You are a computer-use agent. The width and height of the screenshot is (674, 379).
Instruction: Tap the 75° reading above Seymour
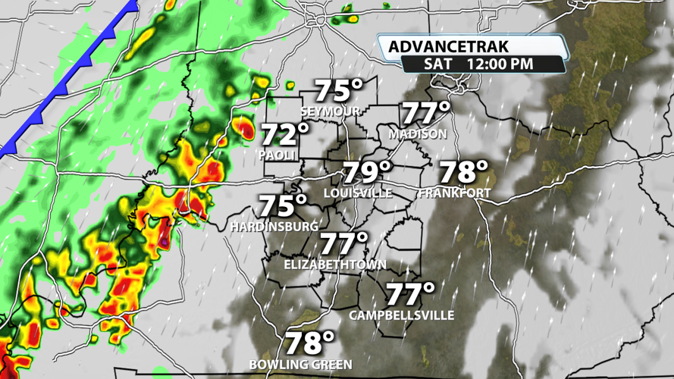click(x=339, y=91)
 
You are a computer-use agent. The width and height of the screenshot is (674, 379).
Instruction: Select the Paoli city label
click(x=276, y=154)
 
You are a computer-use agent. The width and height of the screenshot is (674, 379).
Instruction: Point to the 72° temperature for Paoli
click(x=285, y=134)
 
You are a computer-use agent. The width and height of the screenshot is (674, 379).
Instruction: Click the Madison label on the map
click(x=418, y=133)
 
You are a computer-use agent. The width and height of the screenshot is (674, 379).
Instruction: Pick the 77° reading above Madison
click(x=425, y=113)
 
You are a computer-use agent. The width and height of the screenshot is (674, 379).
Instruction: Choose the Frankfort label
click(x=455, y=193)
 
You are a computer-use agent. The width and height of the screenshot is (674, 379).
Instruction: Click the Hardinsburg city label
click(x=275, y=226)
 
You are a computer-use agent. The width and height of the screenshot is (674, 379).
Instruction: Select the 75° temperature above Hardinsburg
click(x=283, y=205)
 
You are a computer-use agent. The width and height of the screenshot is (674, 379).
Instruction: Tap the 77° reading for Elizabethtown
click(x=343, y=244)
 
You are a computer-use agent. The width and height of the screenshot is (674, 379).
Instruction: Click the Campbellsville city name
click(x=402, y=315)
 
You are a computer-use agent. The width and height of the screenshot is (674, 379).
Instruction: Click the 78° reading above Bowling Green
click(x=310, y=343)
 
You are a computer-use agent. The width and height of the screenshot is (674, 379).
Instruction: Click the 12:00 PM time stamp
click(x=500, y=64)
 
